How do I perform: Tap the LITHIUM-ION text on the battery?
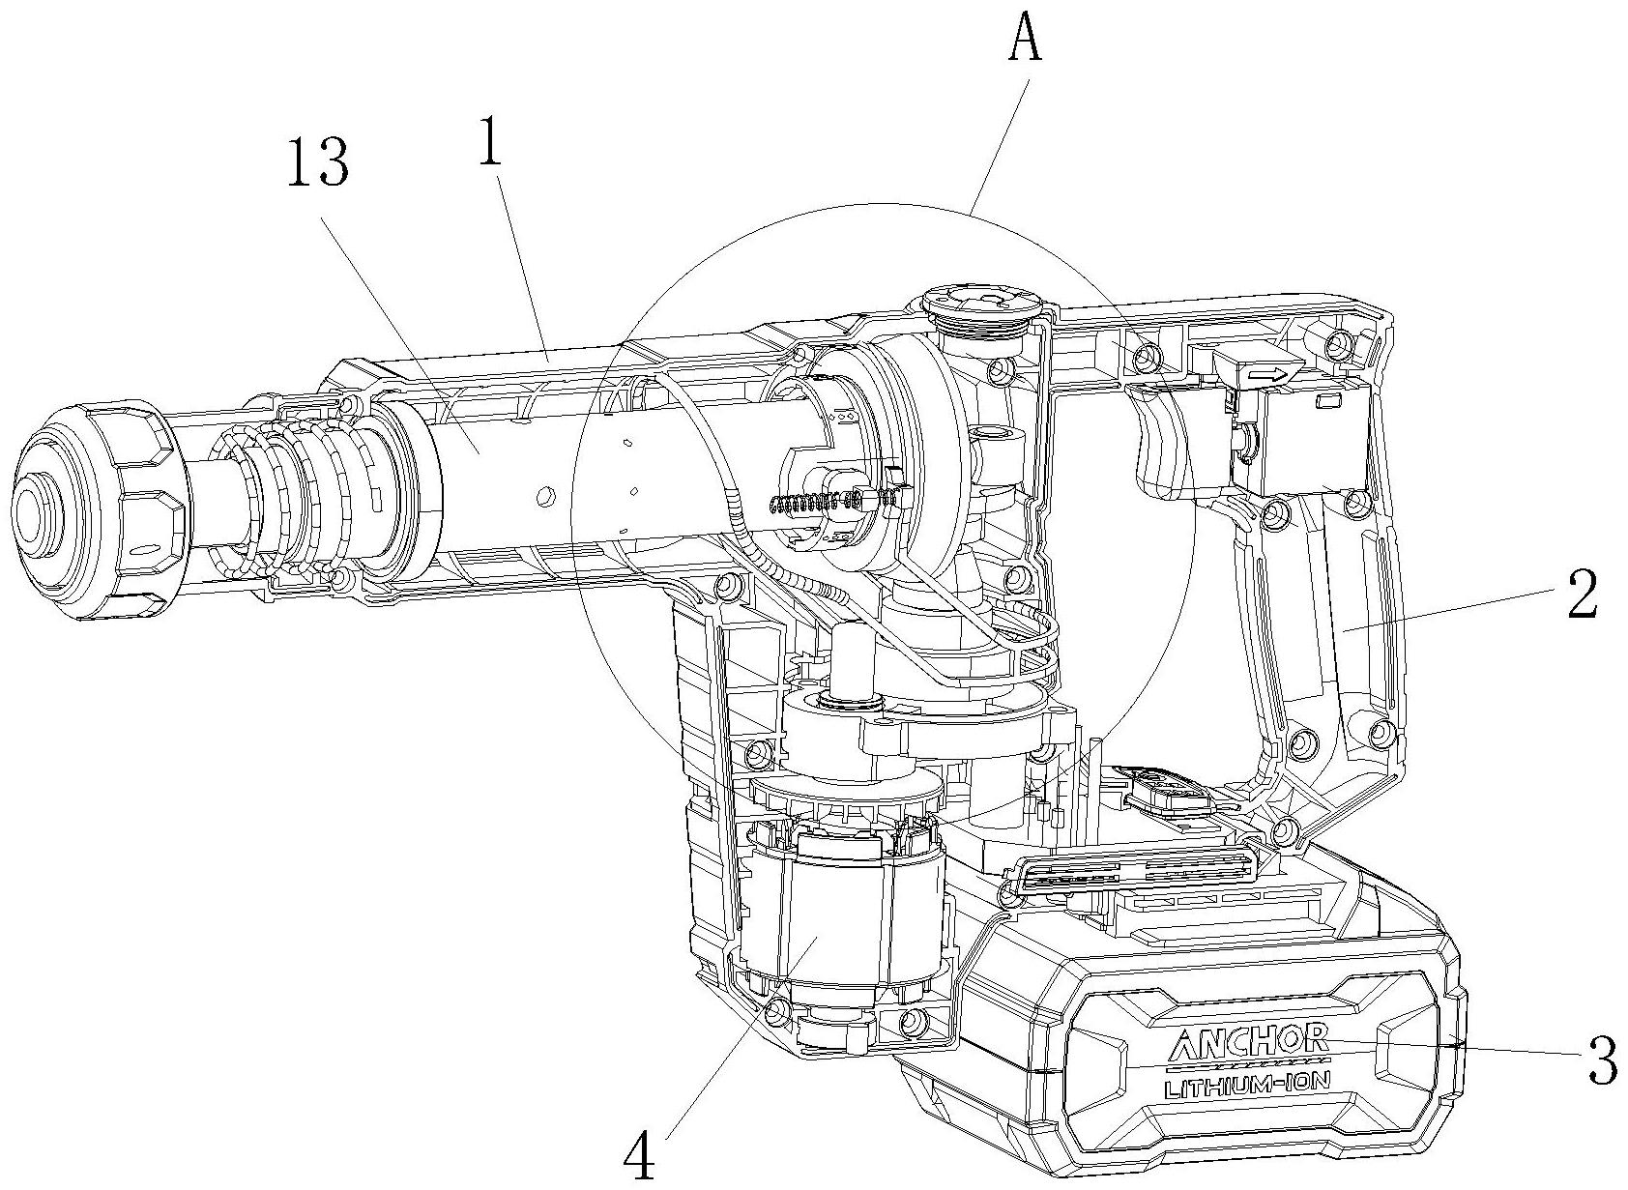(1247, 1088)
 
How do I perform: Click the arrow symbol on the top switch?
(1266, 375)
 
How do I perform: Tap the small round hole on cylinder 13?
(540, 497)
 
